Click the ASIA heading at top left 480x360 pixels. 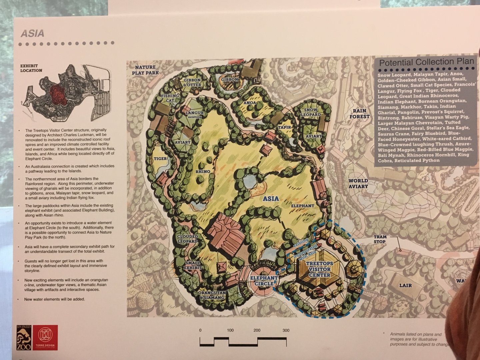click(32, 33)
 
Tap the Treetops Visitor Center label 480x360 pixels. click(319, 269)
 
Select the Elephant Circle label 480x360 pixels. click(264, 281)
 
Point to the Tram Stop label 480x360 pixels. click(380, 239)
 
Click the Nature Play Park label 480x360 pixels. click(145, 70)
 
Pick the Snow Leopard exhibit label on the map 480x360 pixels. click(312, 112)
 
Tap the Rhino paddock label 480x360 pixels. click(203, 172)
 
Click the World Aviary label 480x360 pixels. click(358, 183)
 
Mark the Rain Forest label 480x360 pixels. click(359, 114)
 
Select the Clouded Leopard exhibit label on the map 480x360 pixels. click(187, 239)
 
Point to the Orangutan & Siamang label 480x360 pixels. click(212, 295)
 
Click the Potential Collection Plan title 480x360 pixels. click(426, 62)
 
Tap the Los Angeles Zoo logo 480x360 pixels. click(23, 337)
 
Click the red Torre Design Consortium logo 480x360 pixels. click(47, 337)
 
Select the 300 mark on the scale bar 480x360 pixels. click(286, 330)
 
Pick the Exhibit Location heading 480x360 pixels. click(31, 68)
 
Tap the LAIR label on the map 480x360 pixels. click(405, 285)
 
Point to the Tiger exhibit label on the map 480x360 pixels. click(160, 159)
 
